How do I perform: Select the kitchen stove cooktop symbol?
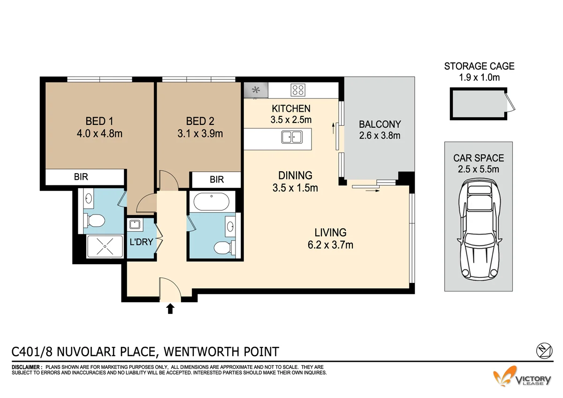click(297, 89)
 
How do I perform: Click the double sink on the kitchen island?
click(292, 138)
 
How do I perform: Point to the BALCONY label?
click(380, 124)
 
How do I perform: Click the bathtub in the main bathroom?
click(211, 202)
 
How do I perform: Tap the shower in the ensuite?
click(106, 246)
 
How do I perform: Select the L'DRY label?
click(141, 242)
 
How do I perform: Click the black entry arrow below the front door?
click(170, 308)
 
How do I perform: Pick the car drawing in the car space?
click(479, 230)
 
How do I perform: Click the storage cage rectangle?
click(479, 104)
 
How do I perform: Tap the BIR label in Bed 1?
click(81, 177)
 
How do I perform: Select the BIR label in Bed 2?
click(217, 180)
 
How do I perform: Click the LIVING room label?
click(330, 232)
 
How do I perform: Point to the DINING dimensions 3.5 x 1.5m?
click(295, 188)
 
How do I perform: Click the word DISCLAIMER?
click(26, 367)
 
